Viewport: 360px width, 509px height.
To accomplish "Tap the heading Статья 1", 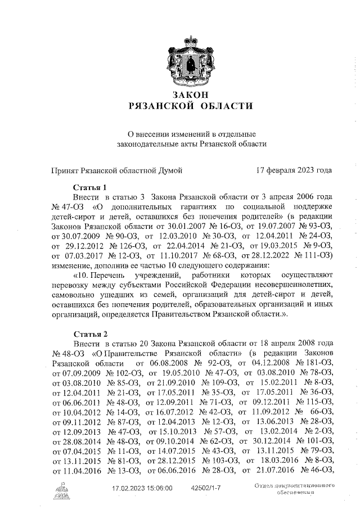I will pos(90,187).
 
